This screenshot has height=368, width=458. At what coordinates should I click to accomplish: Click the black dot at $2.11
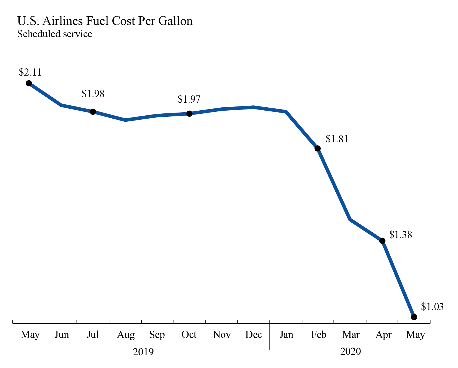pos(29,83)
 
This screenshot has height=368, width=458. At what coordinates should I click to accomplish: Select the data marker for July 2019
pos(93,112)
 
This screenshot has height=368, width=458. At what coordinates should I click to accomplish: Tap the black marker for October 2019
pos(189,114)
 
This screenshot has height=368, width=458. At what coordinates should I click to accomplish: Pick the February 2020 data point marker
pos(318,149)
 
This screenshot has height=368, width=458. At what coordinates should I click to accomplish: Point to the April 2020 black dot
pos(382,241)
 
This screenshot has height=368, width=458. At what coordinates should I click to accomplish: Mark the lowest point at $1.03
pos(414,317)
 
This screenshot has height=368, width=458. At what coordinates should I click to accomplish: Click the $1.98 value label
pos(93,94)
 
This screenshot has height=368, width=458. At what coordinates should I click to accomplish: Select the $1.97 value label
pos(189,99)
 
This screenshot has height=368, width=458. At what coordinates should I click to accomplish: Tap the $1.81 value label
pos(337,139)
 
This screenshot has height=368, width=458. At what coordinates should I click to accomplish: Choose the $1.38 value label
pos(401,235)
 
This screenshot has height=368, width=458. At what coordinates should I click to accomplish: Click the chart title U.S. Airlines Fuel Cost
pos(105,21)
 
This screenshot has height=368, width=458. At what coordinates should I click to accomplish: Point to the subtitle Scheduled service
pos(55,34)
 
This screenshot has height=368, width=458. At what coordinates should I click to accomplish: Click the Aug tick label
pos(126,335)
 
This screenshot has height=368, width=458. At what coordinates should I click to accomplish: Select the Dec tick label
pos(253,335)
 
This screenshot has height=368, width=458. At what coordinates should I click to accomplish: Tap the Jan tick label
pos(286,335)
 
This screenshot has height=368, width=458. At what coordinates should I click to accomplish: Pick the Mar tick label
pos(351,335)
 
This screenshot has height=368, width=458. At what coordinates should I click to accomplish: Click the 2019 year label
pos(143,352)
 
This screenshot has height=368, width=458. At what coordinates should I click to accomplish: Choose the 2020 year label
pos(351,351)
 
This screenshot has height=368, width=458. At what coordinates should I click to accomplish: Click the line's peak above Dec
pos(254,107)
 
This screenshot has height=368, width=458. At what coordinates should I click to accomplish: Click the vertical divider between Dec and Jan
pos(270,339)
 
